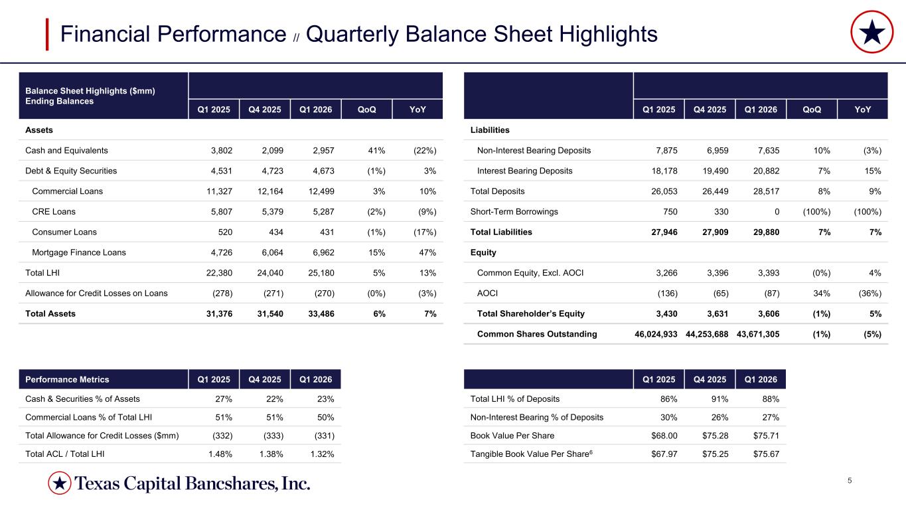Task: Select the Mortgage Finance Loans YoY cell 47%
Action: coord(427,252)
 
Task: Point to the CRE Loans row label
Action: coord(54,212)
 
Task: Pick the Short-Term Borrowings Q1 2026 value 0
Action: coord(776,212)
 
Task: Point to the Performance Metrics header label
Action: coord(67,380)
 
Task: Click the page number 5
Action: coord(850,481)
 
